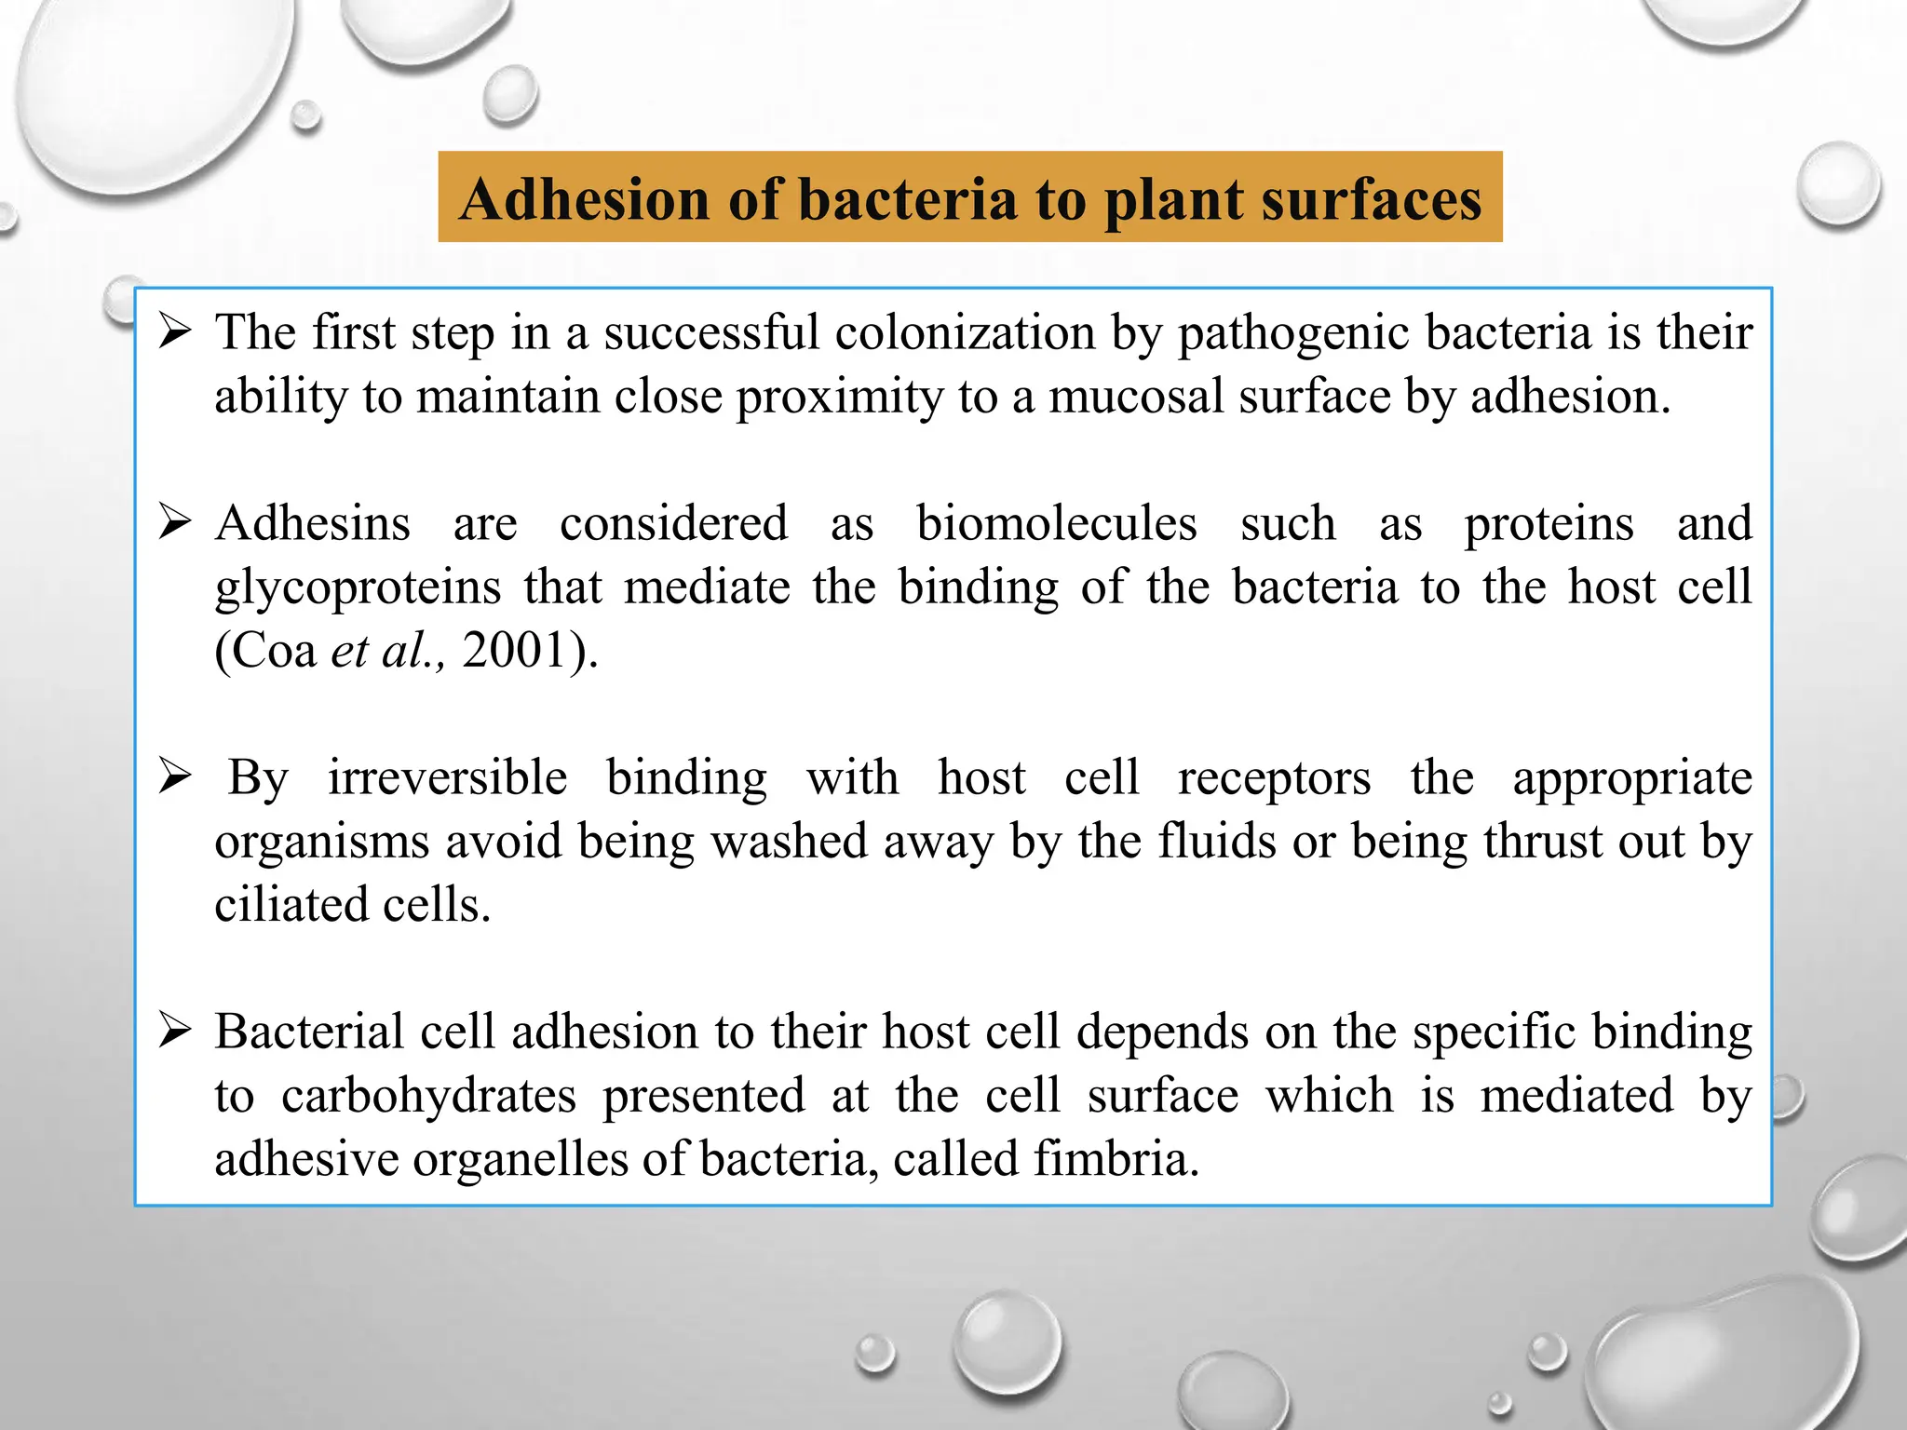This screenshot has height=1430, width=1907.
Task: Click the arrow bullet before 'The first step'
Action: point(175,331)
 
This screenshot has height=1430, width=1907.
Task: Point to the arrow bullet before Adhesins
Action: point(175,522)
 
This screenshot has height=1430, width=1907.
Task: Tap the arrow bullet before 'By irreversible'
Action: point(175,776)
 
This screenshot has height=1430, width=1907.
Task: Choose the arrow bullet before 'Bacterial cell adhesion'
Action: point(175,1031)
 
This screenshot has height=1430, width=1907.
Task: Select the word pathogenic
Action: point(1293,333)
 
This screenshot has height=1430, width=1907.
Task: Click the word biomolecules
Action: point(1056,522)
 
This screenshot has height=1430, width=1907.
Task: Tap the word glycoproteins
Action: point(358,588)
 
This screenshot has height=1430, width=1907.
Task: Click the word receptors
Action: point(1274,778)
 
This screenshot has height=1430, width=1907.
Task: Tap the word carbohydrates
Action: point(428,1095)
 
